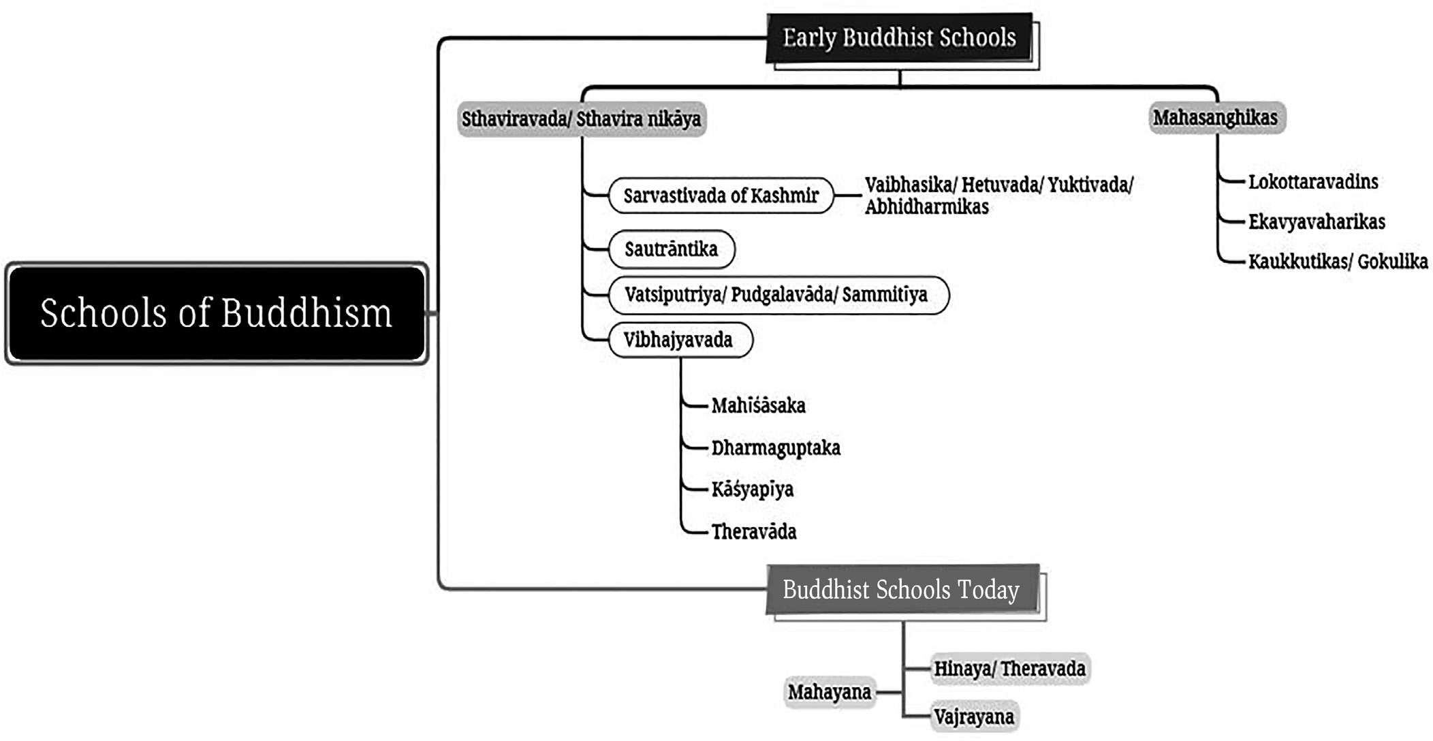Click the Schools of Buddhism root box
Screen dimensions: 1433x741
tap(217, 313)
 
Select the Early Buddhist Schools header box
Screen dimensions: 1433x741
tap(900, 38)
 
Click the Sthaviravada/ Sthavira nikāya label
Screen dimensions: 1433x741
tap(582, 119)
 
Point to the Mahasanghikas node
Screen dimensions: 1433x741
tap(1216, 118)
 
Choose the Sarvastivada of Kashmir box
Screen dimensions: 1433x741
tap(721, 196)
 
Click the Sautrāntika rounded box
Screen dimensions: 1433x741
tap(671, 249)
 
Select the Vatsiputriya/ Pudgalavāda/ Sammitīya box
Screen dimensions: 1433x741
tap(778, 295)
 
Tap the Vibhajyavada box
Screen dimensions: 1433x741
tap(680, 340)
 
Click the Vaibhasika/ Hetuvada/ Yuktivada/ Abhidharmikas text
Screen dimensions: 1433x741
tap(998, 195)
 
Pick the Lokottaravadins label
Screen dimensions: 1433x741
tap(1313, 182)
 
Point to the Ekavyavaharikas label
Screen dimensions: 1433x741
tap(1317, 222)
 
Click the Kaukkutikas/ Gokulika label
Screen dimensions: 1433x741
tap(1338, 262)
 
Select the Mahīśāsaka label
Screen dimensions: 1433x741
tap(758, 406)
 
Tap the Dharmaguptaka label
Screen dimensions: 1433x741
tap(776, 448)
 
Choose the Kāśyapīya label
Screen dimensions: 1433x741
tap(753, 489)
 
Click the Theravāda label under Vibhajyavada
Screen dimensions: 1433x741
tap(754, 532)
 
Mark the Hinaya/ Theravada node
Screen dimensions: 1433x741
tap(1009, 669)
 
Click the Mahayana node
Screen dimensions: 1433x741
tap(830, 693)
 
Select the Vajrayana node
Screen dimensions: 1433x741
tap(974, 717)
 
